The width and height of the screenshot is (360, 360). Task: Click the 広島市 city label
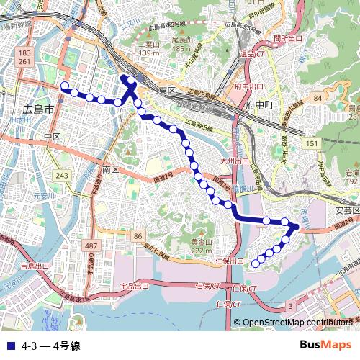pyautogui.click(x=38, y=110)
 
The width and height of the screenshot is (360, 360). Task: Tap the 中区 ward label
pyautogui.click(x=51, y=136)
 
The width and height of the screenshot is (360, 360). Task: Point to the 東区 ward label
pyautogui.click(x=168, y=90)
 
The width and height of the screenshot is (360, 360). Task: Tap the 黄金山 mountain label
pyautogui.click(x=202, y=242)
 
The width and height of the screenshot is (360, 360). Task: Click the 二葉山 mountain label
pyautogui.click(x=148, y=42)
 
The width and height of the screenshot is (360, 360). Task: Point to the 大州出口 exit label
pyautogui.click(x=235, y=161)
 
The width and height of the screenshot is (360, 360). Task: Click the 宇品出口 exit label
pyautogui.click(x=134, y=287)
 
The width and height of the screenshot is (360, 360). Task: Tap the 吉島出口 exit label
pyautogui.click(x=35, y=266)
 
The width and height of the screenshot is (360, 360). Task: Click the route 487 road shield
pyautogui.click(x=91, y=246)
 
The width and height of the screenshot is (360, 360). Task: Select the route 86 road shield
pyautogui.click(x=138, y=236)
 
